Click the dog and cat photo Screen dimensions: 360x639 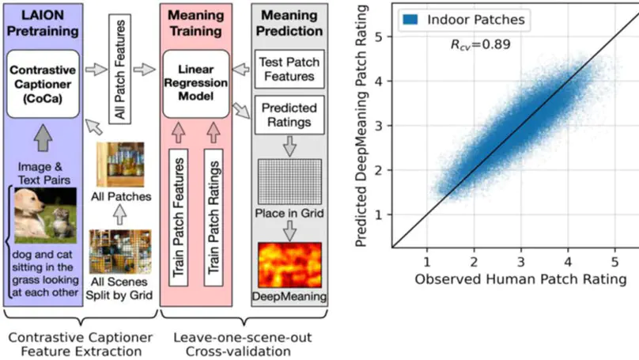43,214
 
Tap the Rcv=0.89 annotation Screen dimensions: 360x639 480,44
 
